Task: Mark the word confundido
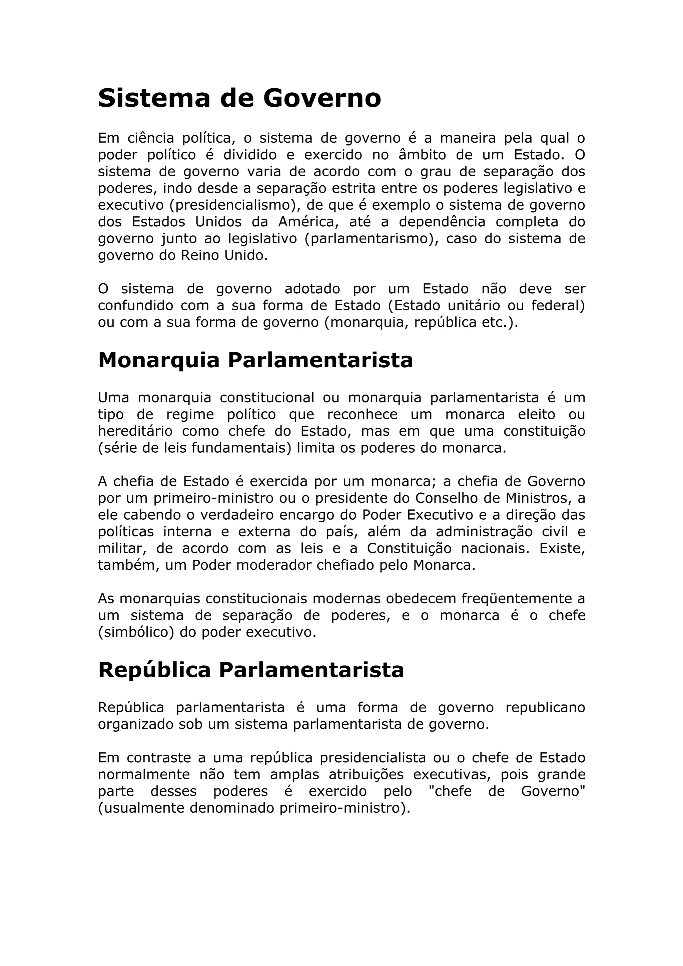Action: click(x=135, y=305)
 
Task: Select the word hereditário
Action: click(x=135, y=431)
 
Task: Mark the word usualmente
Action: click(x=144, y=808)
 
